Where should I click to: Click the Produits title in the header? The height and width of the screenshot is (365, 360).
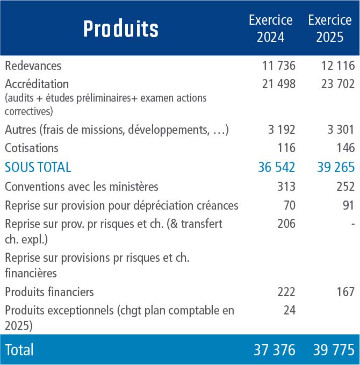point(121,28)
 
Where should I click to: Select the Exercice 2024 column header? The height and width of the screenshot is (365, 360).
point(271,28)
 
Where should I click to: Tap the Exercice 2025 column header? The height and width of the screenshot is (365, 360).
point(330,28)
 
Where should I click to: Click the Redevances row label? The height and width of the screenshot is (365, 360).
point(33,66)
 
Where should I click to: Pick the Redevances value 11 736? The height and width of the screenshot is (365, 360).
point(279,66)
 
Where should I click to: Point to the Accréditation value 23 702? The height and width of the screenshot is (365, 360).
point(338,84)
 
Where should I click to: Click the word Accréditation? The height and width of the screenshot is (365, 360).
point(37,84)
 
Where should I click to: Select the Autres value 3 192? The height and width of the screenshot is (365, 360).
point(282,130)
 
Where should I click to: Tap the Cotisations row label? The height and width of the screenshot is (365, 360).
point(31,148)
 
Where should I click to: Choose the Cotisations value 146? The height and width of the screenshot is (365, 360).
point(345,148)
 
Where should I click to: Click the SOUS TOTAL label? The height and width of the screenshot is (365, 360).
point(38,167)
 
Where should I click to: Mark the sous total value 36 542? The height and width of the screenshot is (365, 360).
point(277,167)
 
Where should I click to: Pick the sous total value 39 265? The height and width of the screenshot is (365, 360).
point(336,167)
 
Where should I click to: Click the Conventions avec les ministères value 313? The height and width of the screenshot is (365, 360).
point(286,187)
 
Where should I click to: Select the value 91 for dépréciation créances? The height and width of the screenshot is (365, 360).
point(348,205)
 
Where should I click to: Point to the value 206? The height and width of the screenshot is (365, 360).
point(286,224)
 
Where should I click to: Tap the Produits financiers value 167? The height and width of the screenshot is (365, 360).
point(345,292)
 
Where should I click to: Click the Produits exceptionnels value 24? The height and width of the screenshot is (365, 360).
point(290,310)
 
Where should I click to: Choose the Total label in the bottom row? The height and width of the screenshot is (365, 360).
point(19,349)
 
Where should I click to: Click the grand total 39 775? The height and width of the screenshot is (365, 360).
point(334,349)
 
